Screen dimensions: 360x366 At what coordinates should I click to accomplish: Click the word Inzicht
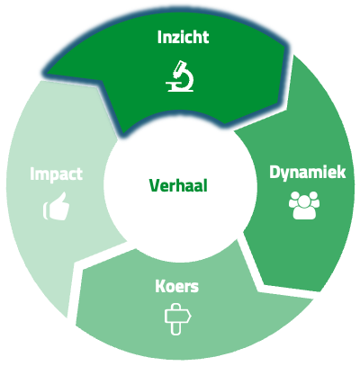pos(183,38)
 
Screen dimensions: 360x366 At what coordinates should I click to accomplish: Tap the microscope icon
pos(180,76)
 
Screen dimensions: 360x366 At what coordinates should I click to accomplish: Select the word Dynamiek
pos(308,174)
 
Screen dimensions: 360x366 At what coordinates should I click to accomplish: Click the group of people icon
pos(304,205)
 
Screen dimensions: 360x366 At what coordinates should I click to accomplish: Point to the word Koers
pos(177,286)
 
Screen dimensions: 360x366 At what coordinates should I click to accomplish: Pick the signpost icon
pos(177,318)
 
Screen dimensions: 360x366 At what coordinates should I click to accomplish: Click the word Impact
pos(56,174)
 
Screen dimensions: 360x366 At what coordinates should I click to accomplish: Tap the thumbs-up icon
pos(57,206)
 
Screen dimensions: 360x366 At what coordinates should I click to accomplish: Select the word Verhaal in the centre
pos(178,185)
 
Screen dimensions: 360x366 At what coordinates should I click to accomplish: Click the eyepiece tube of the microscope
pos(180,68)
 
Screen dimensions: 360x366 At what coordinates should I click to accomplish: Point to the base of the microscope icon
pos(180,89)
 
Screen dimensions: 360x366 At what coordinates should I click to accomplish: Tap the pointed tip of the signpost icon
pos(191,316)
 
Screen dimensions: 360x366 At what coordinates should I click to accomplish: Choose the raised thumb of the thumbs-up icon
pos(61,199)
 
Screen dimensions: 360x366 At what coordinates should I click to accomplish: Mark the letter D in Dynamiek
pos(274,173)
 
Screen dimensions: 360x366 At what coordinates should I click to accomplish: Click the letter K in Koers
pos(160,286)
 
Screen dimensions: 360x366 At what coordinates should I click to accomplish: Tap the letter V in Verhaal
pos(155,185)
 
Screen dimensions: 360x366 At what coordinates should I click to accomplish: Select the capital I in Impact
pos(31,174)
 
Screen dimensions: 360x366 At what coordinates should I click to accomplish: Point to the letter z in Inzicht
pos(175,40)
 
